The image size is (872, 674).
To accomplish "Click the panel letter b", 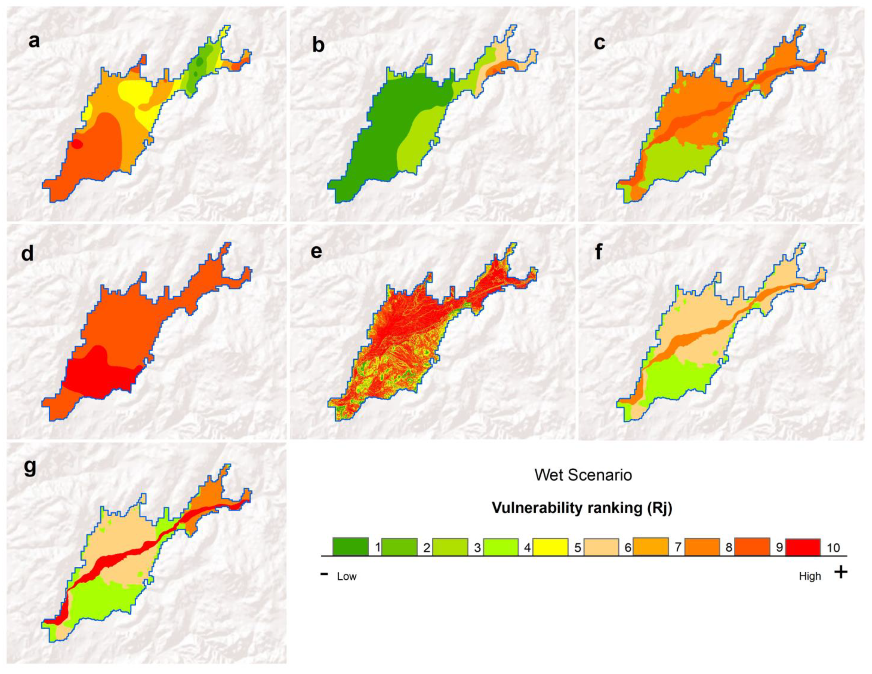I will pos(318,45).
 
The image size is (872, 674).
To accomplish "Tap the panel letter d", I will pos(27,254).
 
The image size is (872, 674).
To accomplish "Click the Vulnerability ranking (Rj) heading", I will pos(582,508).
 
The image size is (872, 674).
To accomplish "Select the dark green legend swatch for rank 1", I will pos(350,547).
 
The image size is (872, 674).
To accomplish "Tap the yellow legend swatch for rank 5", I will pos(550,547).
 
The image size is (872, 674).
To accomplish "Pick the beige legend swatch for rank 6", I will pos(601,547).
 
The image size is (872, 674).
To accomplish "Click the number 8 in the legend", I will pos(729,547).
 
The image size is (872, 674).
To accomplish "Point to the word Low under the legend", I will pos(346,576).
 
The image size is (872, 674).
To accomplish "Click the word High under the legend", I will pos(810,576).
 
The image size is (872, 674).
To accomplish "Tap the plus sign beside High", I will pos(840,573).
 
